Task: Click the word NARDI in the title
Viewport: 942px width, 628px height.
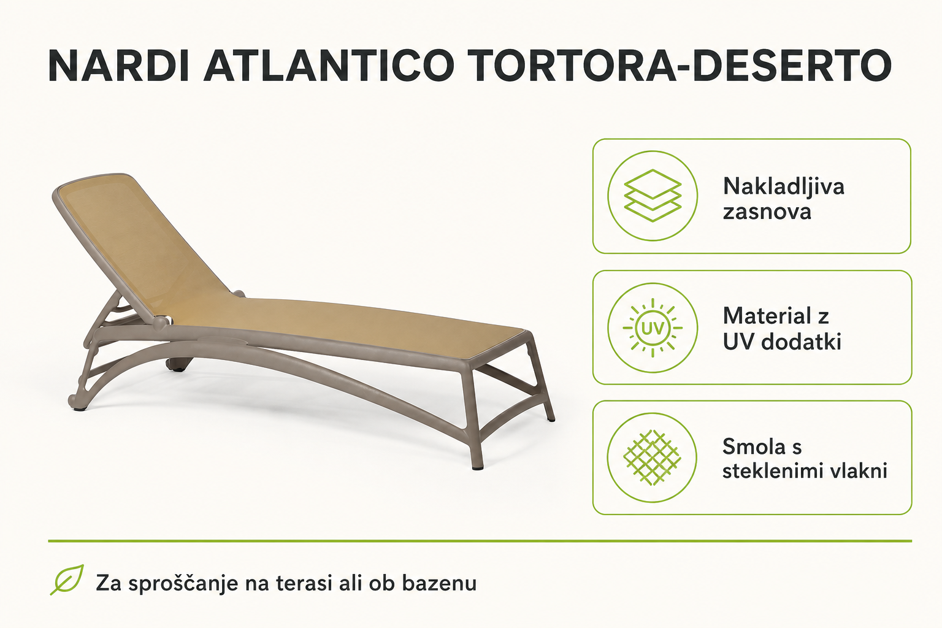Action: coord(118,66)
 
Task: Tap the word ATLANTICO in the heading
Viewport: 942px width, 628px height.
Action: coord(329,66)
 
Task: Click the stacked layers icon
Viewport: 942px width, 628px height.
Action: coord(653,196)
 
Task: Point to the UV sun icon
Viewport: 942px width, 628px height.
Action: coord(653,327)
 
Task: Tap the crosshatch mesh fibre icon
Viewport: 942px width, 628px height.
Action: coord(653,458)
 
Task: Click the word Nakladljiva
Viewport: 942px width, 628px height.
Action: coord(783,187)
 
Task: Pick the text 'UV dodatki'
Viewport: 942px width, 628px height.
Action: coord(782,342)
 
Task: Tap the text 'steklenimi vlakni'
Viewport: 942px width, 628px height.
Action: coord(805,470)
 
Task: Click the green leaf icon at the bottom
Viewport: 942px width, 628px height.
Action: coord(67,580)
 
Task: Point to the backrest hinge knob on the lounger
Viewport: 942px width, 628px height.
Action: coord(160,323)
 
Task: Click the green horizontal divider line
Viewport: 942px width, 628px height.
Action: coord(480,541)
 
